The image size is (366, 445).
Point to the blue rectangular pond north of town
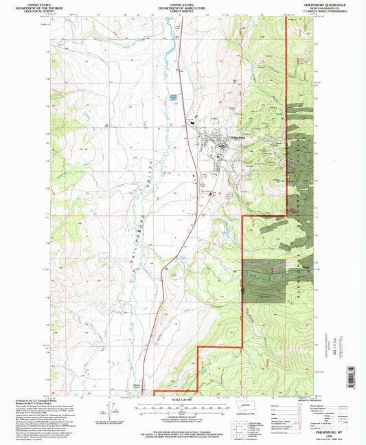point(174,98)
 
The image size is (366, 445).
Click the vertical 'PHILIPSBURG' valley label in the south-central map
point(128,251)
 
